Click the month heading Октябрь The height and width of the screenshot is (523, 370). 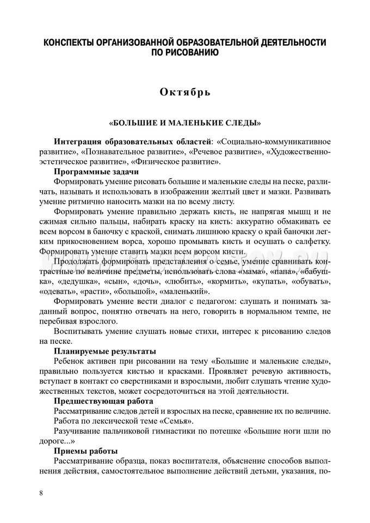click(185, 92)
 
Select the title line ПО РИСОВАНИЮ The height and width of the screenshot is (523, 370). click(185, 53)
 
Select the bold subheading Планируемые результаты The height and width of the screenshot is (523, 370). click(105, 351)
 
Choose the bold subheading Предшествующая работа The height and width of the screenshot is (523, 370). click(103, 401)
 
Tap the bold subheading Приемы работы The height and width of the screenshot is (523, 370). click(86, 451)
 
